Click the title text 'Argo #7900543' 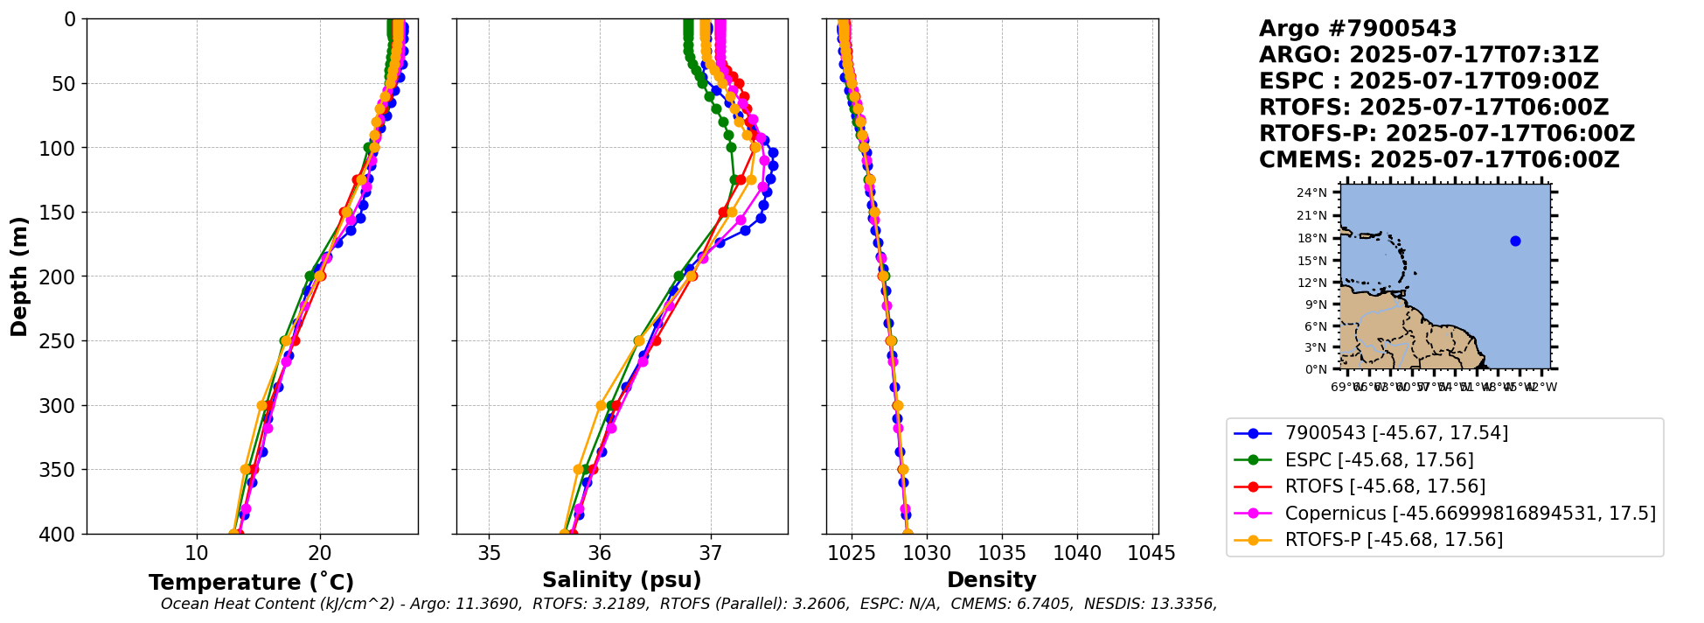point(1357,29)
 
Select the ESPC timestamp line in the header point(1429,81)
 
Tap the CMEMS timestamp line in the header point(1439,160)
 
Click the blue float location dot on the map point(1515,241)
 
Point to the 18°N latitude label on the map point(1311,238)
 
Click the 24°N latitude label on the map point(1311,192)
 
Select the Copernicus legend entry point(1470,514)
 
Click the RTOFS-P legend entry point(1394,540)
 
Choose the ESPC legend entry point(1379,460)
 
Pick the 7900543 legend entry point(1396,433)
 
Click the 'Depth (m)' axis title point(19,276)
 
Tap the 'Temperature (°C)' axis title point(251,583)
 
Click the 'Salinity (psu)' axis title point(622,580)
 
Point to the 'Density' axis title point(991,580)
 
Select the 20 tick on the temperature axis point(320,553)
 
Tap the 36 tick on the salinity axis point(600,553)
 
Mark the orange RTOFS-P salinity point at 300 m point(601,405)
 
